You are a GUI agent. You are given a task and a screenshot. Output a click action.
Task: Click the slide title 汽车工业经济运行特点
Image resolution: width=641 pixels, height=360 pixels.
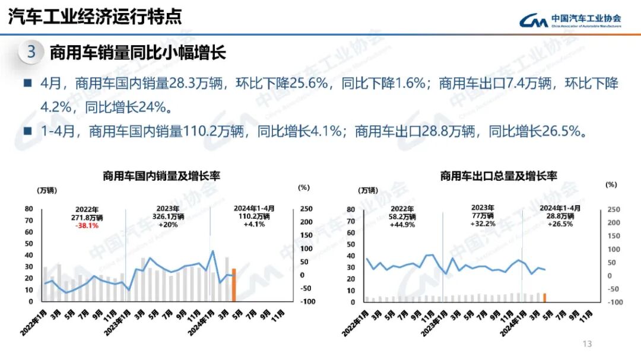[94, 17]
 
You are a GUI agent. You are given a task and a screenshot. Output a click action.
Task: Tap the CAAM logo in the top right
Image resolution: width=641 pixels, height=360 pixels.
[570, 21]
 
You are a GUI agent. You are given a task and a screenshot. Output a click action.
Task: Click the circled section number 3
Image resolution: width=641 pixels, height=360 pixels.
[31, 52]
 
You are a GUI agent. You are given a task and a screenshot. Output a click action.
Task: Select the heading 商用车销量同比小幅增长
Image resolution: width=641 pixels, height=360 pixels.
[138, 53]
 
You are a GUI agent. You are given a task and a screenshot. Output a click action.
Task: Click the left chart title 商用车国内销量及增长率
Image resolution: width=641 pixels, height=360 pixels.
[161, 176]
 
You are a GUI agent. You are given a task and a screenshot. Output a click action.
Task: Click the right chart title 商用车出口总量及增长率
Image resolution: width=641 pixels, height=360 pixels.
[499, 176]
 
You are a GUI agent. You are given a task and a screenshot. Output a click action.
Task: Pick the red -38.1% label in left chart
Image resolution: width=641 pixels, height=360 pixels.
[87, 225]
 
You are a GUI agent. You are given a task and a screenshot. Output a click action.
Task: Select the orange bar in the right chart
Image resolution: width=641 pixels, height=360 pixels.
[544, 297]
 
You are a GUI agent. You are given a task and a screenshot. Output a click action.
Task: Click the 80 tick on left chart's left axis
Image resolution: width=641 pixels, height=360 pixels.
[28, 209]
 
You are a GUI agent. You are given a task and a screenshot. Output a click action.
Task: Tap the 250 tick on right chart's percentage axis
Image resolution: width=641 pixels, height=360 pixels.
[613, 210]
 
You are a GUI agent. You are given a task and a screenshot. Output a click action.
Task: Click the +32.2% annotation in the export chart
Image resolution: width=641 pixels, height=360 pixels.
[483, 224]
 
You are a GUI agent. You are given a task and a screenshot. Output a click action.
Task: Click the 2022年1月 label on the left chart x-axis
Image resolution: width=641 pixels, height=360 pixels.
[33, 322]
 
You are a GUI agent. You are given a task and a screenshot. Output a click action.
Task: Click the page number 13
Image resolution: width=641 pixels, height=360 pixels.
[588, 344]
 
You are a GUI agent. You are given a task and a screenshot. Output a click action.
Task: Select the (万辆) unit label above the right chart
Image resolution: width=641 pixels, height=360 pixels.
[367, 190]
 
